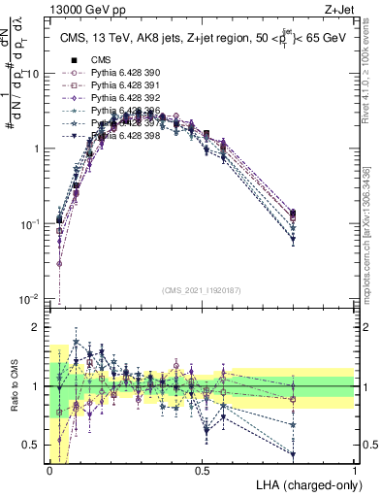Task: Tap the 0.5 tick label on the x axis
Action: click(203, 470)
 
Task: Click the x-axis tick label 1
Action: click(355, 470)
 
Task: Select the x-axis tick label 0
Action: click(50, 470)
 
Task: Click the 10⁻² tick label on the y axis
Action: click(33, 298)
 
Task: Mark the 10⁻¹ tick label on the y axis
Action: click(33, 223)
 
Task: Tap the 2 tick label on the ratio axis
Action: click(39, 327)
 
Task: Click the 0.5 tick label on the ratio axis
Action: click(35, 445)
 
